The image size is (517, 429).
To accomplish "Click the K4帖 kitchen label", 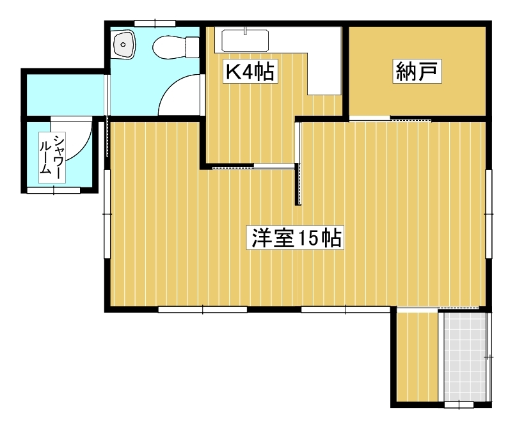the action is click(x=250, y=72).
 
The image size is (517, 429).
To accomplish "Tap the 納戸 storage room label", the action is click(x=417, y=71).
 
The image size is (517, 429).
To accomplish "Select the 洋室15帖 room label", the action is click(x=296, y=237).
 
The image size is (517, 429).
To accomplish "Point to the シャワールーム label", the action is click(x=52, y=157).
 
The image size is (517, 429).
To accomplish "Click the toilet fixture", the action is click(x=176, y=47).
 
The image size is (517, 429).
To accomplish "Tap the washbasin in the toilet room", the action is click(x=123, y=45).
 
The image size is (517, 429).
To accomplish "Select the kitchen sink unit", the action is click(x=245, y=40).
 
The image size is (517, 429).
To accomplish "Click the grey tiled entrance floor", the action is click(x=465, y=357).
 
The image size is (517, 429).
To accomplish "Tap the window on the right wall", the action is click(x=489, y=214).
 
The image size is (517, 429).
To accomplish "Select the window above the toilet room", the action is click(x=155, y=24).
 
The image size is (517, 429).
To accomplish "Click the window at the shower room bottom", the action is click(x=53, y=190).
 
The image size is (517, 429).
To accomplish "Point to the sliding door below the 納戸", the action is click(x=390, y=119).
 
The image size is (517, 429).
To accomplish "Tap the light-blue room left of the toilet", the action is click(x=65, y=95).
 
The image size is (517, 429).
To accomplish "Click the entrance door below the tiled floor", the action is click(x=459, y=405).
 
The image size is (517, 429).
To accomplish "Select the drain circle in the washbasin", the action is click(x=123, y=45).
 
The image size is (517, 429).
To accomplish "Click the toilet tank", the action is click(x=193, y=47).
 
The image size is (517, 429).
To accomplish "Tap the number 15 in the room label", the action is click(x=307, y=237).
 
